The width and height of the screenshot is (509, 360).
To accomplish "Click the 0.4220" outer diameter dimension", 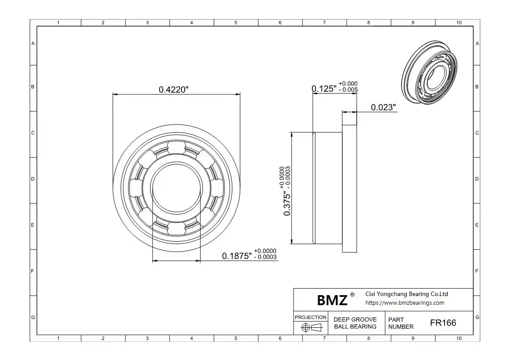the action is pyautogui.click(x=174, y=89).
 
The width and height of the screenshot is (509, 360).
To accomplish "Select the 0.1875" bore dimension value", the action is pyautogui.click(x=237, y=256).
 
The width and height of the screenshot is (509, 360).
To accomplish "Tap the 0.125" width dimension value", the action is pyautogui.click(x=324, y=89).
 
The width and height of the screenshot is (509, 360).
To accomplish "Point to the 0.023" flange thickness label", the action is pyautogui.click(x=383, y=107).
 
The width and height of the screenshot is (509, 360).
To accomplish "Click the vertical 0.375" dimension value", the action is pyautogui.click(x=287, y=204).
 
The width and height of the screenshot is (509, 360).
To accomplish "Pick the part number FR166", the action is pyautogui.click(x=443, y=323).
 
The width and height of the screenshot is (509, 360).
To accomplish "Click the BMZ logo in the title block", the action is pyautogui.click(x=332, y=300).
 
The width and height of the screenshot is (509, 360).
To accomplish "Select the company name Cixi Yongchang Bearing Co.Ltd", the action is pyautogui.click(x=407, y=294).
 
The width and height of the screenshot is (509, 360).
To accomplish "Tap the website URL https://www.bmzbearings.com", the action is pyautogui.click(x=405, y=303).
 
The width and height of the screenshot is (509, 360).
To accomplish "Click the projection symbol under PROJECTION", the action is pyautogui.click(x=311, y=327).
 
